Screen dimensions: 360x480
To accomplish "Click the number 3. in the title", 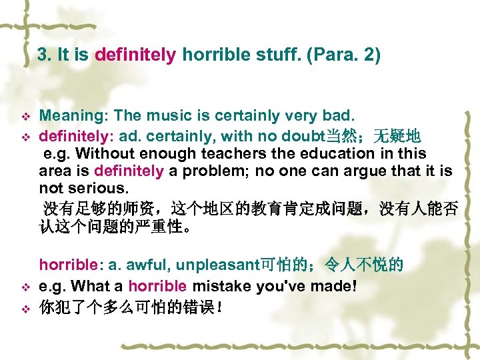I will tap(45, 55).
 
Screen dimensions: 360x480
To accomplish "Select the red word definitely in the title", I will tap(135, 55).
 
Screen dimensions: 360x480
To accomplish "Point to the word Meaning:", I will tap(69, 117).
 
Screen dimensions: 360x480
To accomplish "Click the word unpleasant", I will tap(217, 265).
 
